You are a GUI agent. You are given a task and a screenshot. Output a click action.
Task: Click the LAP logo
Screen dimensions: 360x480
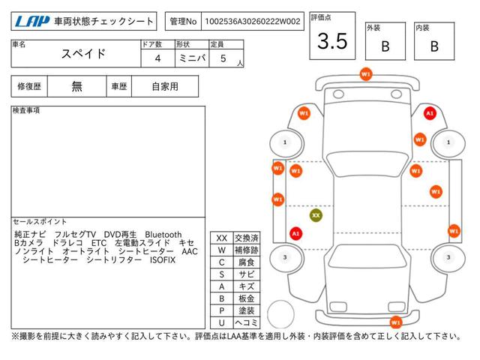(29, 22)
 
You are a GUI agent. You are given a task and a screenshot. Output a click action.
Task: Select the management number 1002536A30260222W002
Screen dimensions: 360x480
(250, 22)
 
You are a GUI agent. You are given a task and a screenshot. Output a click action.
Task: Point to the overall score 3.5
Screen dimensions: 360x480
(331, 41)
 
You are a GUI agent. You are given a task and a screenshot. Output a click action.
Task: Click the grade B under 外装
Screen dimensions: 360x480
(385, 46)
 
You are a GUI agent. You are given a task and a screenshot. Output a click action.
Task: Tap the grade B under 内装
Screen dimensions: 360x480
(434, 46)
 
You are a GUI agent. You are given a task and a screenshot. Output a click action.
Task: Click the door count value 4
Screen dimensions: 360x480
(157, 58)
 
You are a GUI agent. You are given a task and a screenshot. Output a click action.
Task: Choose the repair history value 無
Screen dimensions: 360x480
(77, 86)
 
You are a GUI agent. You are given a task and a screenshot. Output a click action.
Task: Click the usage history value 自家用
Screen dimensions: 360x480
(163, 86)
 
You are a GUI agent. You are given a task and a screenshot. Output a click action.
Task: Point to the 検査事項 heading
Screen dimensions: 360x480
(27, 111)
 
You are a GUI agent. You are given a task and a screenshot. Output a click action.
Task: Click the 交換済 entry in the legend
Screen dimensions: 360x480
(246, 238)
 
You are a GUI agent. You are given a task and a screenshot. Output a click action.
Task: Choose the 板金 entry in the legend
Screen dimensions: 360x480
(246, 298)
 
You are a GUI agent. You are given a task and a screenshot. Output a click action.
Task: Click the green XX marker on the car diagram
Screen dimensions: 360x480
(316, 214)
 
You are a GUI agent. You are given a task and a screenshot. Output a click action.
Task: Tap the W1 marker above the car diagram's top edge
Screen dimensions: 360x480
(365, 74)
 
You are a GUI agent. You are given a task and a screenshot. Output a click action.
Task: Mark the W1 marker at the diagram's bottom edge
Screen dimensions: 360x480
(395, 322)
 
